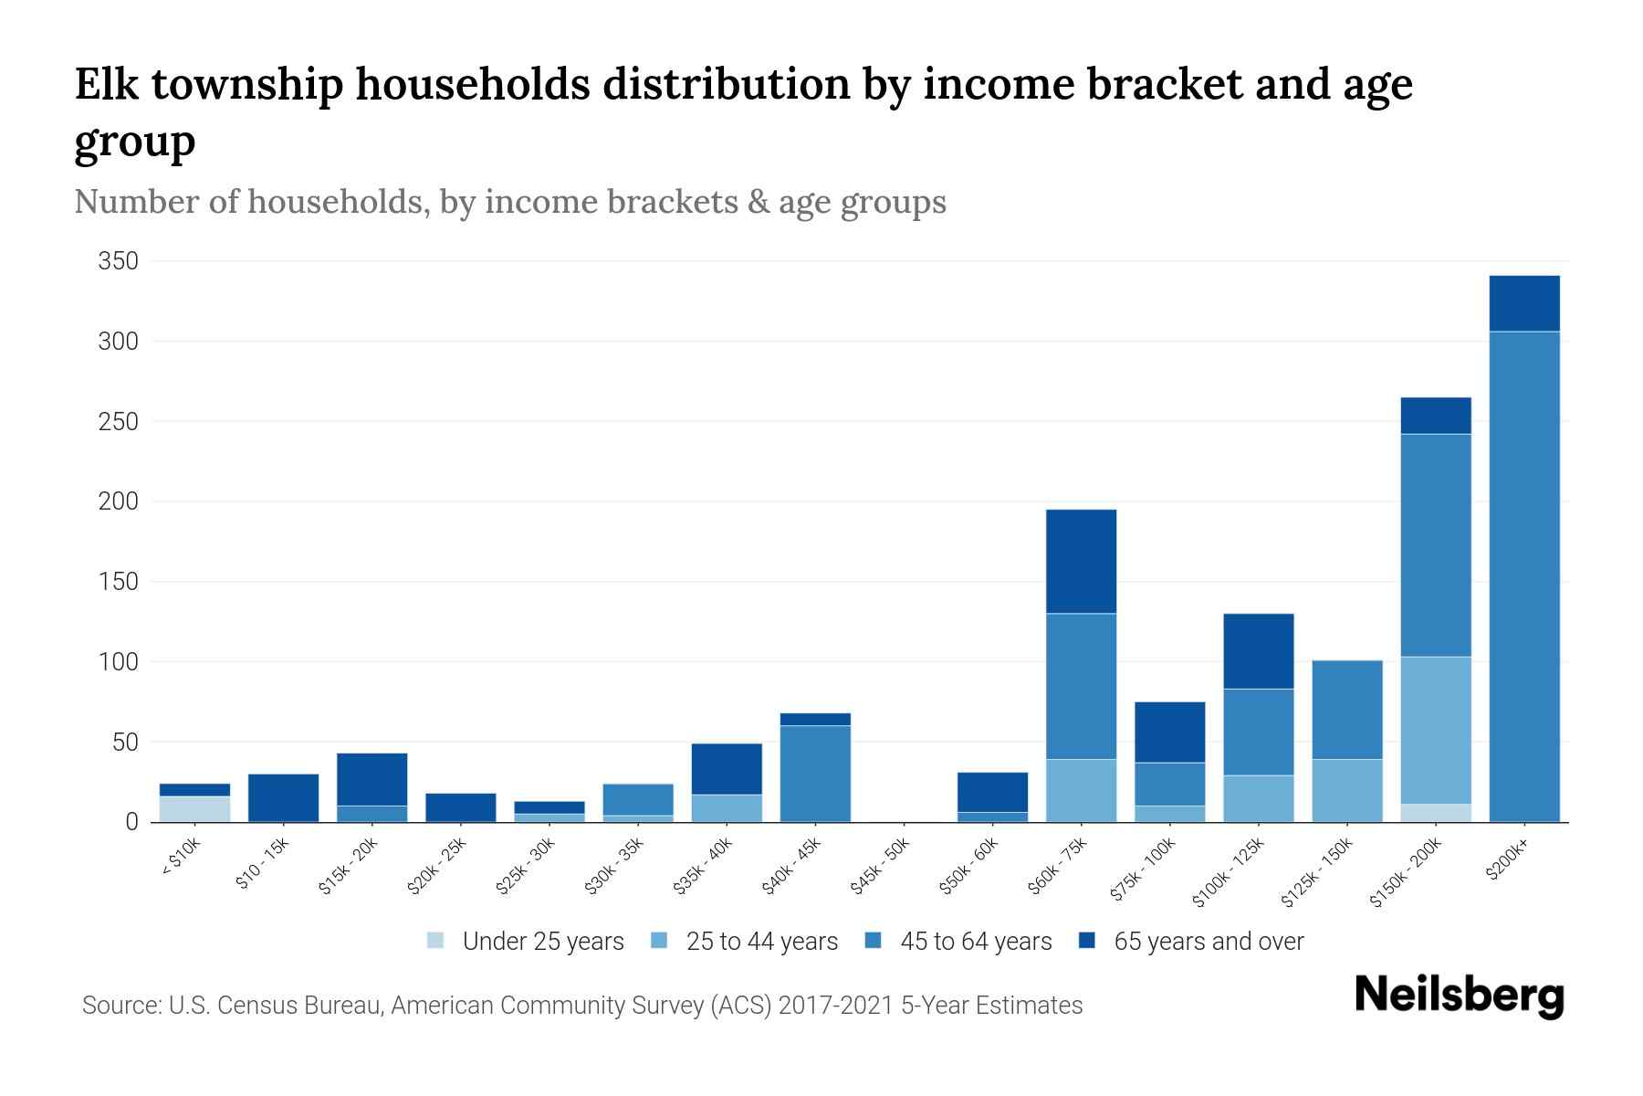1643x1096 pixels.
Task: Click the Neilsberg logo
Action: pyautogui.click(x=1459, y=996)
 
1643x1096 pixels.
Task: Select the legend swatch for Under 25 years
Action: pyautogui.click(x=435, y=941)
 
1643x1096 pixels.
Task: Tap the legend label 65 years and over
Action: pyautogui.click(x=1209, y=942)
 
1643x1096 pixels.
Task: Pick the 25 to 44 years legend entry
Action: pyautogui.click(x=761, y=942)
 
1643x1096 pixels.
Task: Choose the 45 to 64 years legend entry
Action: pyautogui.click(x=976, y=942)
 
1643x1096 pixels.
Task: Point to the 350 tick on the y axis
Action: pyautogui.click(x=119, y=262)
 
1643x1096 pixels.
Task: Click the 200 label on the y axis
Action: pyautogui.click(x=119, y=501)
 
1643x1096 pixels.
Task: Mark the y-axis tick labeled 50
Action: pyautogui.click(x=125, y=742)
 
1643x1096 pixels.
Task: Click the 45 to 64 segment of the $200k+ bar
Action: pyautogui.click(x=1523, y=575)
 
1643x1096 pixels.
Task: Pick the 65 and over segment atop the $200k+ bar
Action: pyautogui.click(x=1523, y=303)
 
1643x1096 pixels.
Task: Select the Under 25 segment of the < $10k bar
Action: pyautogui.click(x=194, y=809)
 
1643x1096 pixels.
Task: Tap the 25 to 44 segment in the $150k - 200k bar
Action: pyautogui.click(x=1435, y=730)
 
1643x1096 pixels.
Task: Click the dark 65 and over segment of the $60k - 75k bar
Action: pyautogui.click(x=1081, y=561)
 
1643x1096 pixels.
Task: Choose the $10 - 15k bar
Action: pyautogui.click(x=283, y=797)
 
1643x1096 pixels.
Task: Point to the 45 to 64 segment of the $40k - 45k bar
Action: pyautogui.click(x=815, y=773)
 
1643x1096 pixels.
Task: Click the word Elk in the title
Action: pyautogui.click(x=105, y=85)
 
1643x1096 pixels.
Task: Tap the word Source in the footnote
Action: pyautogui.click(x=119, y=1006)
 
